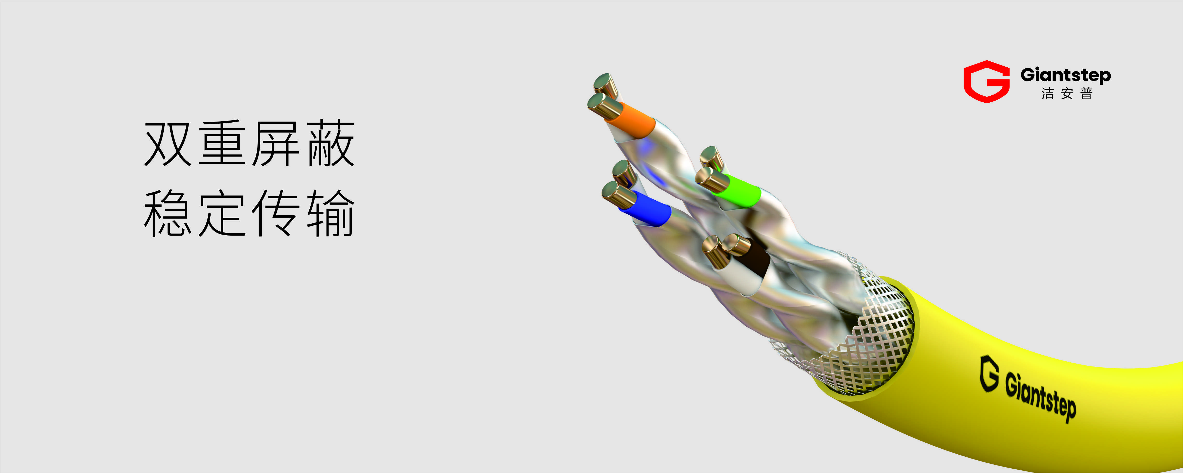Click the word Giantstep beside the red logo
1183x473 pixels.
click(x=1066, y=75)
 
